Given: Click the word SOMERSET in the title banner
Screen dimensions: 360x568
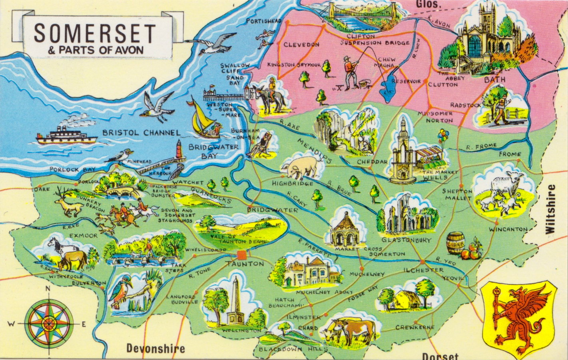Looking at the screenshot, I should point(95,33).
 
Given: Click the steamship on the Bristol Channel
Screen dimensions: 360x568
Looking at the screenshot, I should point(66,135).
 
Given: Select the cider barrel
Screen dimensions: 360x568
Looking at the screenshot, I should point(454,242).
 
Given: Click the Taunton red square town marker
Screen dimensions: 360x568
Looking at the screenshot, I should point(241,255).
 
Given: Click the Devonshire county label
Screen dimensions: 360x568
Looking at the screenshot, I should point(155,348).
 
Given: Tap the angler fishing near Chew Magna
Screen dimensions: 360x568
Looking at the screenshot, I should point(352,72).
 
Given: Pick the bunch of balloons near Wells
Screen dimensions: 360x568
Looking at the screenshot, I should point(443,136).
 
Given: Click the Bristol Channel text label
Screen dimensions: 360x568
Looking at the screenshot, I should point(141,133).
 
